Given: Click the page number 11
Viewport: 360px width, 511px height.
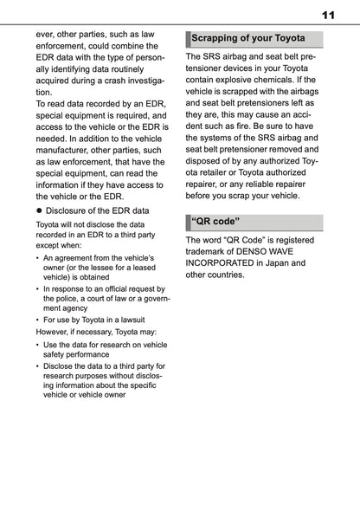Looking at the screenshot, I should (328, 16).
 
